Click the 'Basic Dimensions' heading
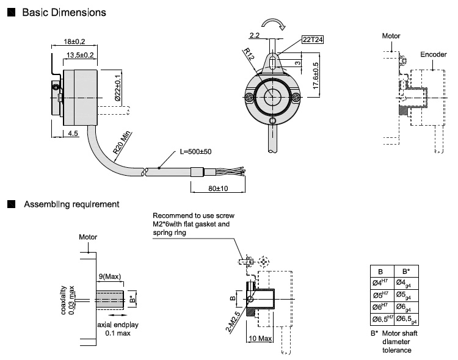64,12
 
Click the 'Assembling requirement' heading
71,204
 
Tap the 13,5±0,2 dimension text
79,55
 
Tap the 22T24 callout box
312,40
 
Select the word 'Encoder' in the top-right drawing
434,55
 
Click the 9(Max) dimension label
110,276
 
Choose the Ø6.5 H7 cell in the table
382,319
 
